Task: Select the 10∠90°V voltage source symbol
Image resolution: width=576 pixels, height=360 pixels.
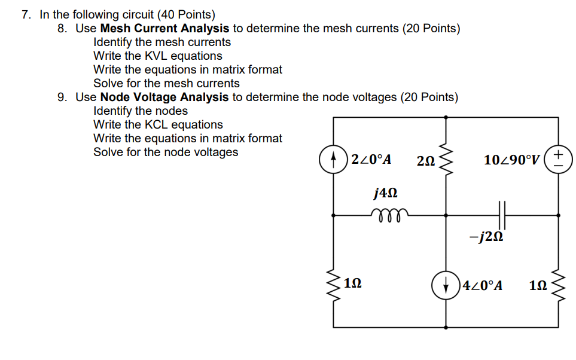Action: [x=558, y=160]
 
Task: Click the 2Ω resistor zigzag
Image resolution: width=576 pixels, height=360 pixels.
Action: [x=446, y=159]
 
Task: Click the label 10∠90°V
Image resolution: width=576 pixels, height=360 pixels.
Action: [x=513, y=160]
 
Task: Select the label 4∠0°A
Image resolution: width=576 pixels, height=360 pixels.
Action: [x=481, y=285]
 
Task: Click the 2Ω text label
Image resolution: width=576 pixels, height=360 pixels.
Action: [x=425, y=160]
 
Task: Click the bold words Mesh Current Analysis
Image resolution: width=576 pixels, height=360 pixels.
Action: [x=164, y=28]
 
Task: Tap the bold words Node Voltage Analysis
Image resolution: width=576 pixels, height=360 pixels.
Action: [x=164, y=97]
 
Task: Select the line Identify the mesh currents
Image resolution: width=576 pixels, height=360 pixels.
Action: [x=162, y=42]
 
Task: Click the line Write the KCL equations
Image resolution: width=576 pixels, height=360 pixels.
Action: [x=158, y=124]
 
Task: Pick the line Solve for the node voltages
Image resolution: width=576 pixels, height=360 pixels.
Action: [x=166, y=152]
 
